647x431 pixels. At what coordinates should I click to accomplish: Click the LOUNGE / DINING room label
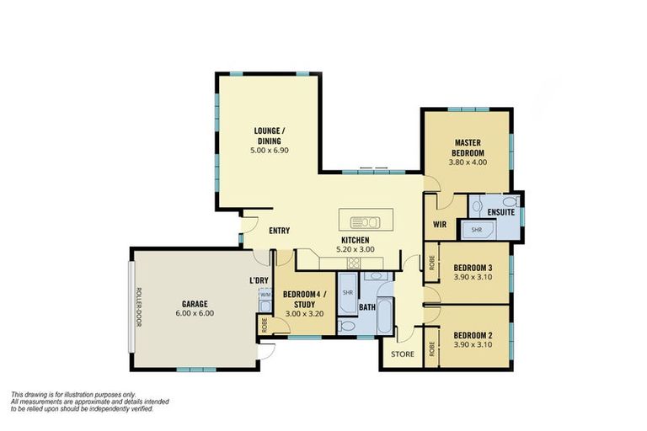point(270,136)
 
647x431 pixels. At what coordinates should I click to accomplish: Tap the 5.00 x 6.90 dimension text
point(270,150)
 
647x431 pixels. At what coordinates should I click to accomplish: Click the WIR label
point(439,225)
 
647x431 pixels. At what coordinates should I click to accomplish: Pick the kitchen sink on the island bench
point(366,222)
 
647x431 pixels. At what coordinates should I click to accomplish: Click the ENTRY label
point(280,231)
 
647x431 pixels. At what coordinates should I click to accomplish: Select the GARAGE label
point(195,303)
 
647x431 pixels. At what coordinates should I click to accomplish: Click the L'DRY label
point(259,279)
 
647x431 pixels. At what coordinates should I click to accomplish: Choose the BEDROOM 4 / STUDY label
point(303,299)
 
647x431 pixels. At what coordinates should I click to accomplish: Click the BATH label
point(366,307)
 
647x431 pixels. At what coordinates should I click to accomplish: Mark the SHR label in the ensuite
point(476,229)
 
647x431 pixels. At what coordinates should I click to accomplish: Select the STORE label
point(403,354)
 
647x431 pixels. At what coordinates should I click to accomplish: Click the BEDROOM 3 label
point(473,268)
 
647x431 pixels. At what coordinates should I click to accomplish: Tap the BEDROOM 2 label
point(473,334)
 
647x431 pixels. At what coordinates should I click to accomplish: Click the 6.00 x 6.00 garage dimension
point(195,313)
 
